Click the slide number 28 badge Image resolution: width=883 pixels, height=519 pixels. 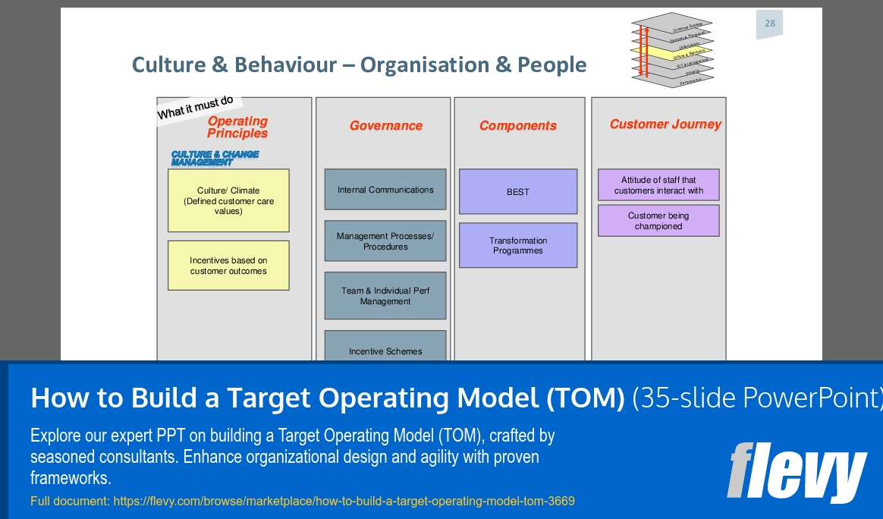[769, 24]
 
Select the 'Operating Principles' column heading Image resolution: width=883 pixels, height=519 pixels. [237, 127]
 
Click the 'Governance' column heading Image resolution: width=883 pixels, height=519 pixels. [385, 126]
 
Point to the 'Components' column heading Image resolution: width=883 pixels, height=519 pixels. [518, 126]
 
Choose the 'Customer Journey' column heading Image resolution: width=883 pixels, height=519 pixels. [665, 124]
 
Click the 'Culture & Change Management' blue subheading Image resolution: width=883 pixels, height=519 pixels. [215, 158]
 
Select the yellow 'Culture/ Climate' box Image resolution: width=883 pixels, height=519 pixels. [228, 200]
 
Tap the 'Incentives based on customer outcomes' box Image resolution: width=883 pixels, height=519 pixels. [228, 266]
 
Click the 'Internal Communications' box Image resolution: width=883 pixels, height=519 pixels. [385, 190]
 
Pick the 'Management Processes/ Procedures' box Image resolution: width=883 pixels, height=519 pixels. [385, 241]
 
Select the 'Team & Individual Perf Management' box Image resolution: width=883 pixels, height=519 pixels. [385, 296]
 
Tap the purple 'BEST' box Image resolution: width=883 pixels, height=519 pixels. [518, 192]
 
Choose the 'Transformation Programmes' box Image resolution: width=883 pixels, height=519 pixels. [518, 245]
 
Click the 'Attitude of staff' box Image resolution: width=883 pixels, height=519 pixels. [658, 185]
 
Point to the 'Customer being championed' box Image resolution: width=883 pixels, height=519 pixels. [658, 221]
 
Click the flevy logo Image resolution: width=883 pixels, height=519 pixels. [797, 471]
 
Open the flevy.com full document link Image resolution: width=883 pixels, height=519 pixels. [344, 501]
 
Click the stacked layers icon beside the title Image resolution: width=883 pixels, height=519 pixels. [671, 50]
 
